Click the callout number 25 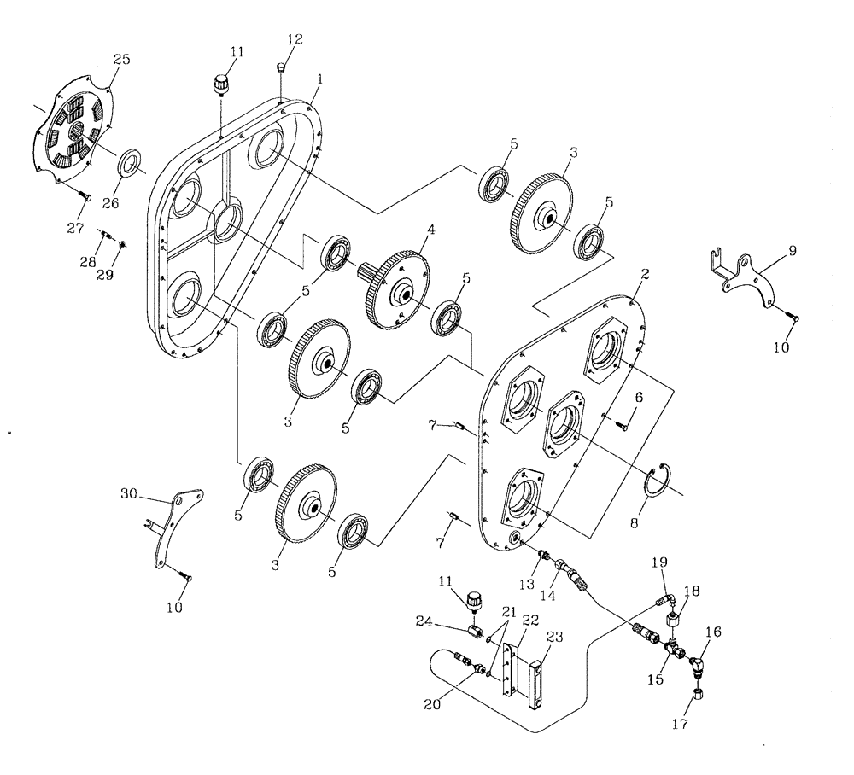click(x=121, y=60)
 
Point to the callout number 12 click(x=295, y=41)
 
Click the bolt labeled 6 click(x=622, y=424)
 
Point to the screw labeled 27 click(x=86, y=197)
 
